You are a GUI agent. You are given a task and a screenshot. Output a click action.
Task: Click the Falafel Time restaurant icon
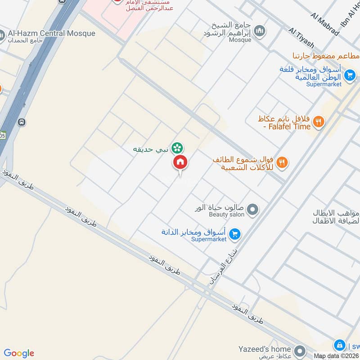click(x=318, y=121)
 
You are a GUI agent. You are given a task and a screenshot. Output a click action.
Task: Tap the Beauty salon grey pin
click(x=253, y=210)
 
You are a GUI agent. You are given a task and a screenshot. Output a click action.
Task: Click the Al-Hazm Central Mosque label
click(x=52, y=33)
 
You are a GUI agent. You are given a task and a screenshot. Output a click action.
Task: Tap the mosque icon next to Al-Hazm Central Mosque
click(x=2, y=36)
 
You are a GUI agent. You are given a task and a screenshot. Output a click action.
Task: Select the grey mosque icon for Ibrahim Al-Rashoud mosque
click(x=259, y=31)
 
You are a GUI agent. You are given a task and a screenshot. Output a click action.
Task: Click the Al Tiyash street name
click(x=301, y=38)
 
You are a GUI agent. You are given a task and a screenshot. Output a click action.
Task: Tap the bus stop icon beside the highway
click(x=22, y=122)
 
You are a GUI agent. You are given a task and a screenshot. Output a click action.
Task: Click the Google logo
click(x=19, y=353)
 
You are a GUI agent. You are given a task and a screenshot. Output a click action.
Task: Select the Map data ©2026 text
click(x=335, y=356)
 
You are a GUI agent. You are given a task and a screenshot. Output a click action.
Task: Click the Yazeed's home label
click(x=265, y=349)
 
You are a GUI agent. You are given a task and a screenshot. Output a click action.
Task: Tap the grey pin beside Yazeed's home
click(x=299, y=350)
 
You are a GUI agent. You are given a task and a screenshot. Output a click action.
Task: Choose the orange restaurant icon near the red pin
click(x=282, y=162)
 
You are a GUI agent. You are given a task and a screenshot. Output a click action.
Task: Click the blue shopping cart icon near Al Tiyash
click(x=349, y=75)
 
